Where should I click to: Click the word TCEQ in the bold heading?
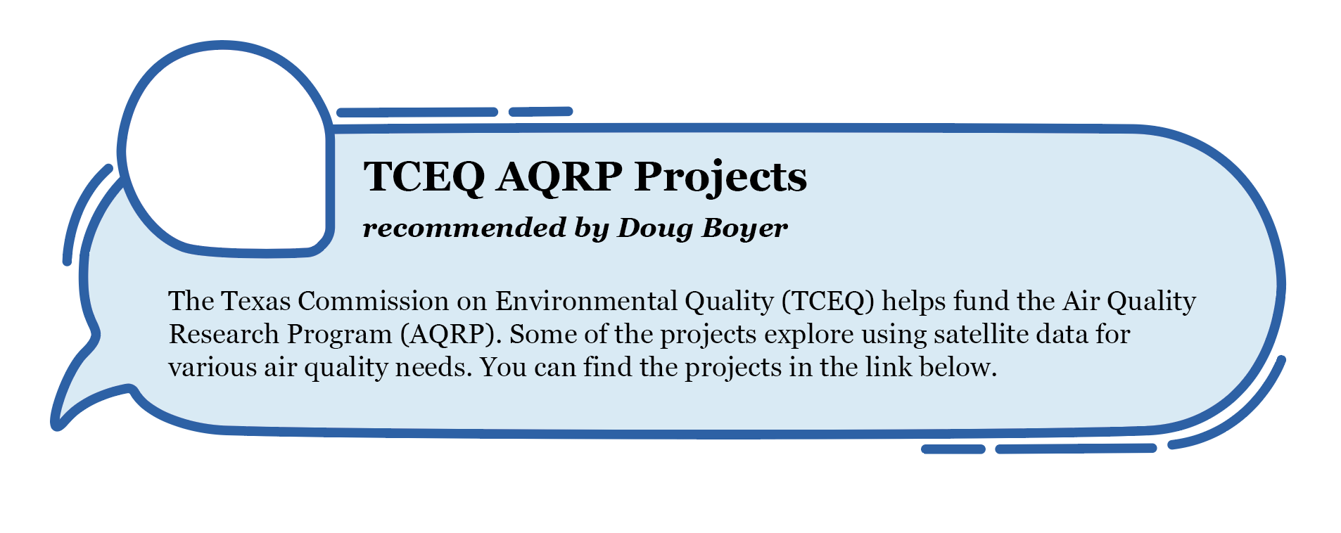click(424, 176)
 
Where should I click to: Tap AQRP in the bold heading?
click(559, 176)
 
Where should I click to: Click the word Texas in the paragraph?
click(255, 301)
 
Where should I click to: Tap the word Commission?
click(373, 301)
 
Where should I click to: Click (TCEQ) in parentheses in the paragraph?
click(827, 302)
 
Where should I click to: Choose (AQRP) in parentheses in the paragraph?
click(451, 335)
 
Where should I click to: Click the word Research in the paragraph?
click(224, 334)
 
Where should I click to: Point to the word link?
click(891, 367)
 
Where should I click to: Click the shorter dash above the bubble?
click(540, 111)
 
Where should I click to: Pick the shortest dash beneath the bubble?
click(953, 449)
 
